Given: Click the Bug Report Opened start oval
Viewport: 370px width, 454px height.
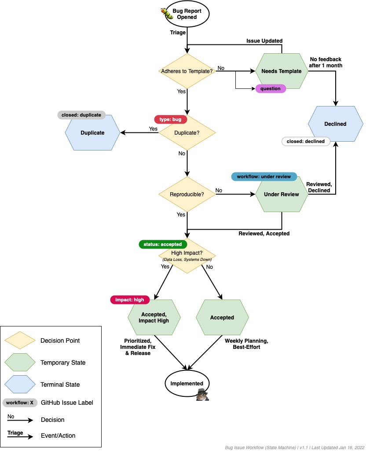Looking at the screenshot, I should (187, 14).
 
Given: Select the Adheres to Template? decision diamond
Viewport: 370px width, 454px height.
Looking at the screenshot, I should (187, 71).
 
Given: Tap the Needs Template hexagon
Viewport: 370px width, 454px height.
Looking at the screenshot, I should (282, 71).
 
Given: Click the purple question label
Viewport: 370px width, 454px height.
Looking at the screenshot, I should (271, 88).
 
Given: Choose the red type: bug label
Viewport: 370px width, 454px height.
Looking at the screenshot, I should (171, 119).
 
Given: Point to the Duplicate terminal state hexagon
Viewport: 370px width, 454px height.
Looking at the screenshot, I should (92, 132).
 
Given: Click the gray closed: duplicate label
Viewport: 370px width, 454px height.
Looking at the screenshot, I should (81, 115).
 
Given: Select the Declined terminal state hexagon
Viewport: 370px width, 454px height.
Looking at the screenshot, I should (335, 124).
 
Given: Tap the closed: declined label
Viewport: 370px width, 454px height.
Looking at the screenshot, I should (305, 141).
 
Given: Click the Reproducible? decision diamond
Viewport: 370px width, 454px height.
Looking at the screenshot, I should (187, 194).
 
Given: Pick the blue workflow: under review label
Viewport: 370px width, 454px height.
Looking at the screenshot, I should (264, 176).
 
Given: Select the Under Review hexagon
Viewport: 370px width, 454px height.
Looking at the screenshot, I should (282, 194).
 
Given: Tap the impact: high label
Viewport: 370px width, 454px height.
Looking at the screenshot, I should (129, 300).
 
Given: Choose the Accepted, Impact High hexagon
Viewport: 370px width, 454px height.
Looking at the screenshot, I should (154, 317).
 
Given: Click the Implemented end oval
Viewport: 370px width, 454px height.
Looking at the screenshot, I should (187, 384).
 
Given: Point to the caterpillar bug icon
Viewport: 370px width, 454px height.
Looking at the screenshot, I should (168, 14).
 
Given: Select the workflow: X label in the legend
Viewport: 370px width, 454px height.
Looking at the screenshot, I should (19, 403).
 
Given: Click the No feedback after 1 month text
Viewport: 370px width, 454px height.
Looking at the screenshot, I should (325, 62).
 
